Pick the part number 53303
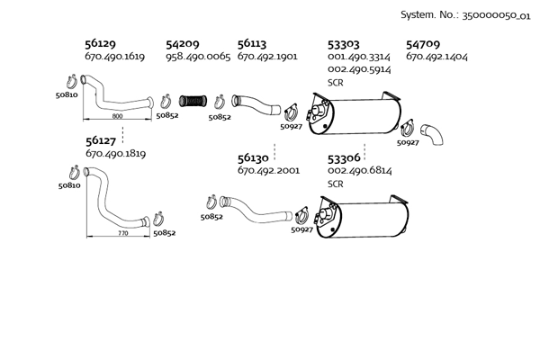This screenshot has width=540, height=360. pos(343,43)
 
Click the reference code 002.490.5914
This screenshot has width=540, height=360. pos(358,69)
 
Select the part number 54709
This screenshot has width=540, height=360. pos(423,43)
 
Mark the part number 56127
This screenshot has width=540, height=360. pos(101,140)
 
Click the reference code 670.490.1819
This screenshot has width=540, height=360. pos(116,154)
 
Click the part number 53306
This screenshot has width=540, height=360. pos(343,157)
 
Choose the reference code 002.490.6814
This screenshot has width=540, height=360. pos(358,171)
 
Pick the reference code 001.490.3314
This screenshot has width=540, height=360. pos(358,57)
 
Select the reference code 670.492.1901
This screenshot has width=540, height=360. pos(267,57)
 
